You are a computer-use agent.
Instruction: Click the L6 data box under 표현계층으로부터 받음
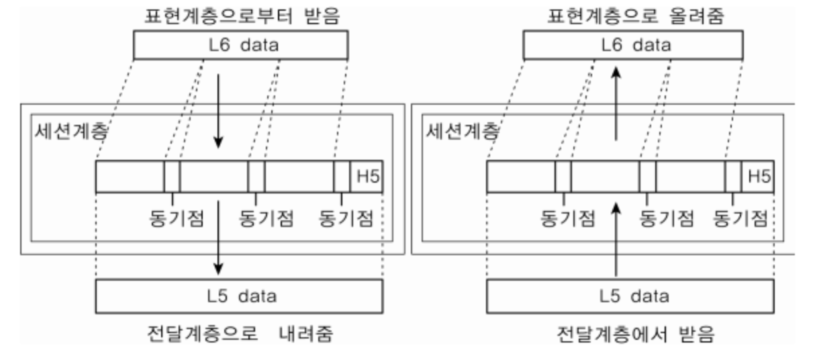click(240, 45)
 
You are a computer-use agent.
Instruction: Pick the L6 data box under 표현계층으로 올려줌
click(632, 45)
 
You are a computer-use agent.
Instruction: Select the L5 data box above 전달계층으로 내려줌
click(240, 296)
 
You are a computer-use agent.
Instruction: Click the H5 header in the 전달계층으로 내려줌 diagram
click(367, 177)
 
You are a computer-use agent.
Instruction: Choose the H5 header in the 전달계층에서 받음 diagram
click(759, 177)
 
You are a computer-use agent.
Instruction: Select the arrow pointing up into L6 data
click(615, 101)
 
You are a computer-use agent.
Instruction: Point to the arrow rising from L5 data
click(615, 238)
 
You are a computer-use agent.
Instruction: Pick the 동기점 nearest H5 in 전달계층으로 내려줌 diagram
click(346, 218)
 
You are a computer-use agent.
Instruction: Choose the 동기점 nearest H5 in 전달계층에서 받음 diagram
click(740, 218)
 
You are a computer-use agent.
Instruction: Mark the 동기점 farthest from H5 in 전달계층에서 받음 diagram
click(568, 218)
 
